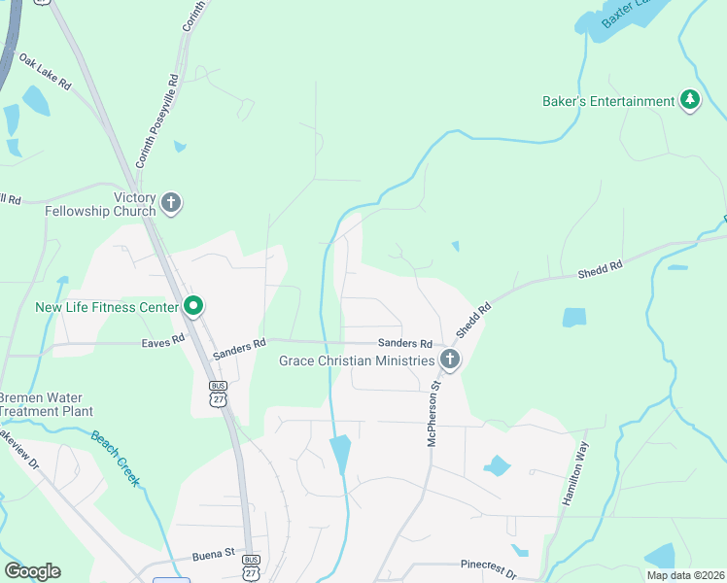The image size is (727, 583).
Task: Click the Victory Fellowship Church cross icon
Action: coord(171,203)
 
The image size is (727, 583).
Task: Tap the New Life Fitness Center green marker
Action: coord(193,307)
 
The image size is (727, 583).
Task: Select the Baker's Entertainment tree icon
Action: coord(690,101)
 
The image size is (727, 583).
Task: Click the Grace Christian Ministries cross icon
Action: coord(449,360)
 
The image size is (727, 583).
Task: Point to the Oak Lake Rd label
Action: coord(45,72)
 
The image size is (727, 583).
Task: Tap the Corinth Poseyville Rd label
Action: coord(158,120)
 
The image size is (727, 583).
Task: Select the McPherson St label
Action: coord(435,414)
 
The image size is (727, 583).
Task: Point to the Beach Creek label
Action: coord(117,458)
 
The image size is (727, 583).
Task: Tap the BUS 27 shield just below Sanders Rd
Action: coord(218,393)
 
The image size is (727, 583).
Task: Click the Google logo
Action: coord(32,571)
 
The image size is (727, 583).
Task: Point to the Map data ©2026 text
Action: coord(684,575)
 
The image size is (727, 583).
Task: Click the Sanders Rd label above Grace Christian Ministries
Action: coord(404,344)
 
